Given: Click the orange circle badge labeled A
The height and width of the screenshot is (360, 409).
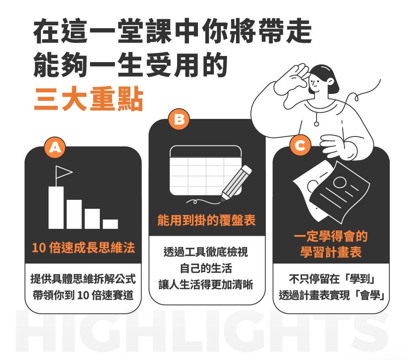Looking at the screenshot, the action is pos(55,148).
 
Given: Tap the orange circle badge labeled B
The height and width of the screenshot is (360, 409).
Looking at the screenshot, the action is pos(179,119).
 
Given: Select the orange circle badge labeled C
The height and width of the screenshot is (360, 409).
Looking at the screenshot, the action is pos(300,145).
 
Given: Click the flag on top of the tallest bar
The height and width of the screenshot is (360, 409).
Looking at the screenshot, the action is pos(63,172).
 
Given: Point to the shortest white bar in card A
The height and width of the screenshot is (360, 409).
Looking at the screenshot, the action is pos(110,224).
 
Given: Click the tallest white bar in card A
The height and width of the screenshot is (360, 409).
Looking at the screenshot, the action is pos(56,208).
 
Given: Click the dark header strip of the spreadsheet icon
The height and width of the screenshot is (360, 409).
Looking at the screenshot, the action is pos(206,152).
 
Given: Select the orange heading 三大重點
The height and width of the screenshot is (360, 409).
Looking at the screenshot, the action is pos(89,99).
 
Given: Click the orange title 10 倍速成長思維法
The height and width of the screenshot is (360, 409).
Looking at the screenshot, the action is pos(83,247).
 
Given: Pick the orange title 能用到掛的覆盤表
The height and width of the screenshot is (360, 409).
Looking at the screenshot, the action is pos(206,220).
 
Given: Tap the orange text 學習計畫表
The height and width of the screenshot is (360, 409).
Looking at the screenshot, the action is pos(331,252).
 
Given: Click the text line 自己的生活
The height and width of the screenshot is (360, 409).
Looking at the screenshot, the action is pos(206,268).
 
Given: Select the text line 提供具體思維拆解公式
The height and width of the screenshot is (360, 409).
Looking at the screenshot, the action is pos(83,279).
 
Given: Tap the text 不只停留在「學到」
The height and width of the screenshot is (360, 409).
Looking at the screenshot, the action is pos(332,279).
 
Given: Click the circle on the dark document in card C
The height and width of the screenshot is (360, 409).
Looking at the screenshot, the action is pos(339,182).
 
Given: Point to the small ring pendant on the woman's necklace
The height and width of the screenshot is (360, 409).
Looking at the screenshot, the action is pos(316,124).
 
